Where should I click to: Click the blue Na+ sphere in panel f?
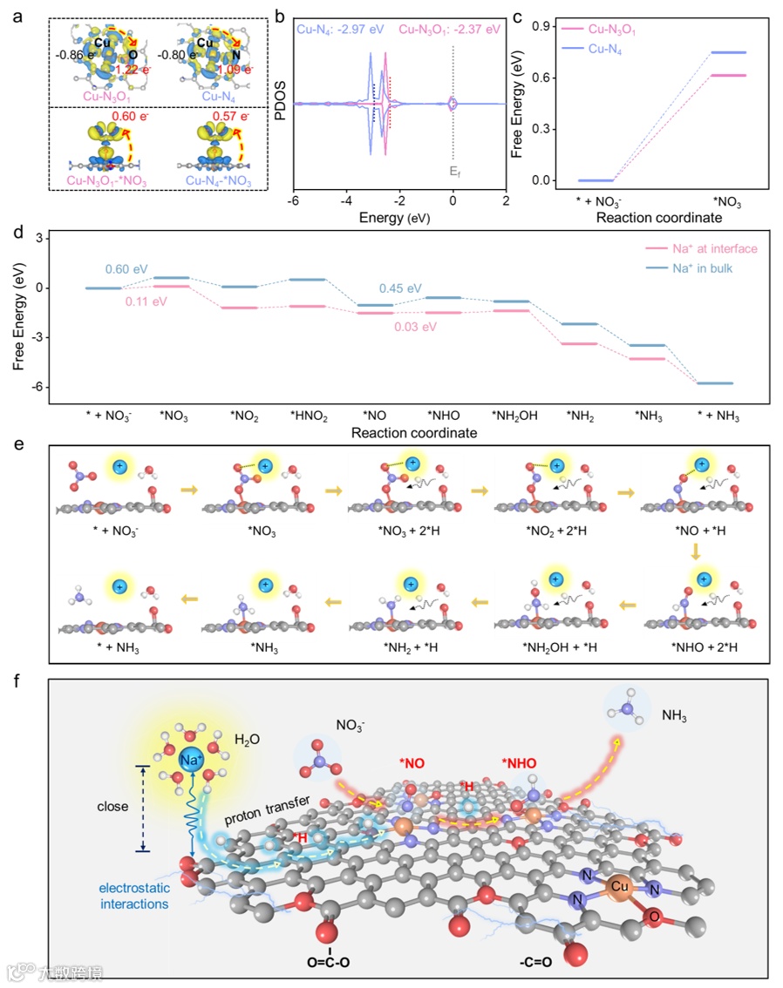coord(193,760)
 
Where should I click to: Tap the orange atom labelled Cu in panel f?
coord(621,884)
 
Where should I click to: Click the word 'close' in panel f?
coord(112,807)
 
